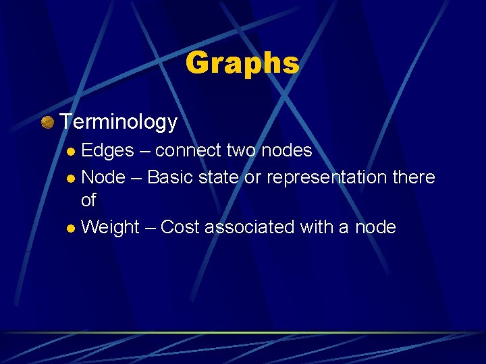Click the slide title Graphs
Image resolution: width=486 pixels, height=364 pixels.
click(x=242, y=63)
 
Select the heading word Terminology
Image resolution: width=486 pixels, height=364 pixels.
click(x=119, y=122)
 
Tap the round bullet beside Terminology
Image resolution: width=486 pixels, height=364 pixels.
click(x=47, y=122)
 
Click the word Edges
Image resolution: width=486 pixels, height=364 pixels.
click(x=107, y=150)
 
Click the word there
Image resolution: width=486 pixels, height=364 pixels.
click(x=413, y=177)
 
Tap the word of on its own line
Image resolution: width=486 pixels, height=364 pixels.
click(x=88, y=200)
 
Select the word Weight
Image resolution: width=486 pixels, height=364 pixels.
click(x=110, y=228)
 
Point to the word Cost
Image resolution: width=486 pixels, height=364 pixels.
click(x=180, y=227)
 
